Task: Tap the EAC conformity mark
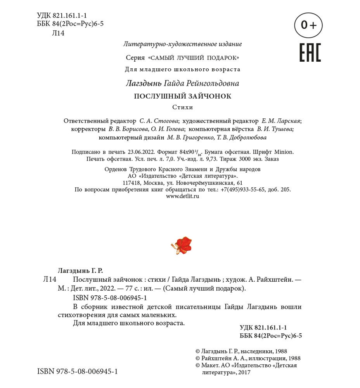310,53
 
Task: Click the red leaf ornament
182,245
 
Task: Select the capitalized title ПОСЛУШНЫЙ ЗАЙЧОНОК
182,96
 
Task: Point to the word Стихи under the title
182,107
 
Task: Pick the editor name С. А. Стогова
159,121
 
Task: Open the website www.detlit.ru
182,196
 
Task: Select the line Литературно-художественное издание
182,44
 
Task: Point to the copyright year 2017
245,372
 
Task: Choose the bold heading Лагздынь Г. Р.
80,270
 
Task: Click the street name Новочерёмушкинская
204,183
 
